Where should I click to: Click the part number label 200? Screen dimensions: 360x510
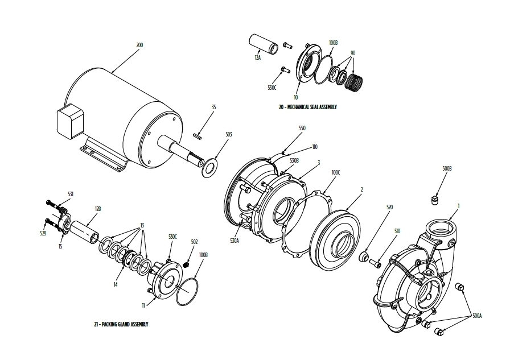(139, 44)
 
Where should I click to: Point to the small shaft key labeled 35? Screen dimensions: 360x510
(199, 135)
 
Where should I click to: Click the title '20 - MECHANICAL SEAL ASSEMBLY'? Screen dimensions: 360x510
(307, 106)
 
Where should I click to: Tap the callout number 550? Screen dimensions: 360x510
(302, 129)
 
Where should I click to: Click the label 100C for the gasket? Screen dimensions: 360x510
(336, 171)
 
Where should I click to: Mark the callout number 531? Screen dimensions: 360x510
(71, 194)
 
